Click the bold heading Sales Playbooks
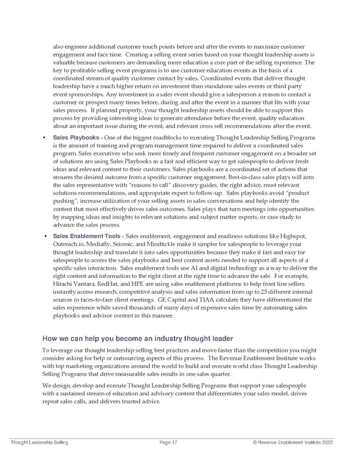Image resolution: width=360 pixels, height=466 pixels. coord(76,138)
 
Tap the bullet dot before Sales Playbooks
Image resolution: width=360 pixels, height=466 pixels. coord(46,138)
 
